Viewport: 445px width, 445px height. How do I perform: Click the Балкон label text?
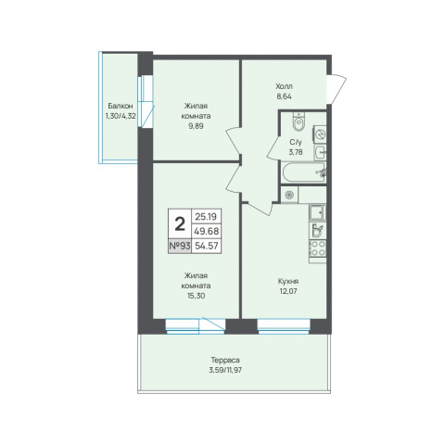coord(121,106)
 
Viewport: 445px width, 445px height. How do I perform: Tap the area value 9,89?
coord(196,126)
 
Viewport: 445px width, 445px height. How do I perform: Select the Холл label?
coord(285,86)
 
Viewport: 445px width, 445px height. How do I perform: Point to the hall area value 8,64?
coord(285,96)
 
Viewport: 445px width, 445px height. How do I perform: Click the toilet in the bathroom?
coord(299,121)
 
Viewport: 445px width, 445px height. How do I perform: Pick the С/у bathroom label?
coord(296,142)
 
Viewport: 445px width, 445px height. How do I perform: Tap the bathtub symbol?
coord(303,172)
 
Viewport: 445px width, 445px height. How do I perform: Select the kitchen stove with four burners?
coord(317,248)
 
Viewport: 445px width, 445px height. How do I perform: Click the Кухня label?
coord(288,281)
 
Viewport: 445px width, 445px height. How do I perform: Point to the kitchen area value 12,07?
coord(288,291)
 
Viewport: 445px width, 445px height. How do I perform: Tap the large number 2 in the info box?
coord(180,224)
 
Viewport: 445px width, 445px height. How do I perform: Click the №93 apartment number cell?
coord(180,247)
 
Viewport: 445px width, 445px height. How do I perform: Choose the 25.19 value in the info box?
coord(206,217)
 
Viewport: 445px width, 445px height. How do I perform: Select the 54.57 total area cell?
coord(207,247)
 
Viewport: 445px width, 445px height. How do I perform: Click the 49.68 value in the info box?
coord(207,231)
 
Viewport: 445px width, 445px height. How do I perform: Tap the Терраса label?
coord(225,360)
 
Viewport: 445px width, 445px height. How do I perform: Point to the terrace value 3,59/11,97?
coord(225,370)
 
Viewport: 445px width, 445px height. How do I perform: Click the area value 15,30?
coord(196,296)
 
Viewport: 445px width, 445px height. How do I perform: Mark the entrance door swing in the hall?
coord(337,90)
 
